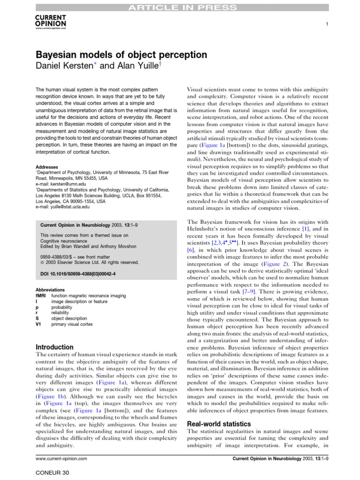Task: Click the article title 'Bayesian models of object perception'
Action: (x=121, y=54)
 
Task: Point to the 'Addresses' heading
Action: (x=47, y=167)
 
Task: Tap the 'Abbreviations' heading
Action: (x=51, y=290)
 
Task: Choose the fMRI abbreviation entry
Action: (x=39, y=296)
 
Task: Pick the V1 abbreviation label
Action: (x=38, y=324)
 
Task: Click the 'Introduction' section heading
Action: (x=55, y=347)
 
